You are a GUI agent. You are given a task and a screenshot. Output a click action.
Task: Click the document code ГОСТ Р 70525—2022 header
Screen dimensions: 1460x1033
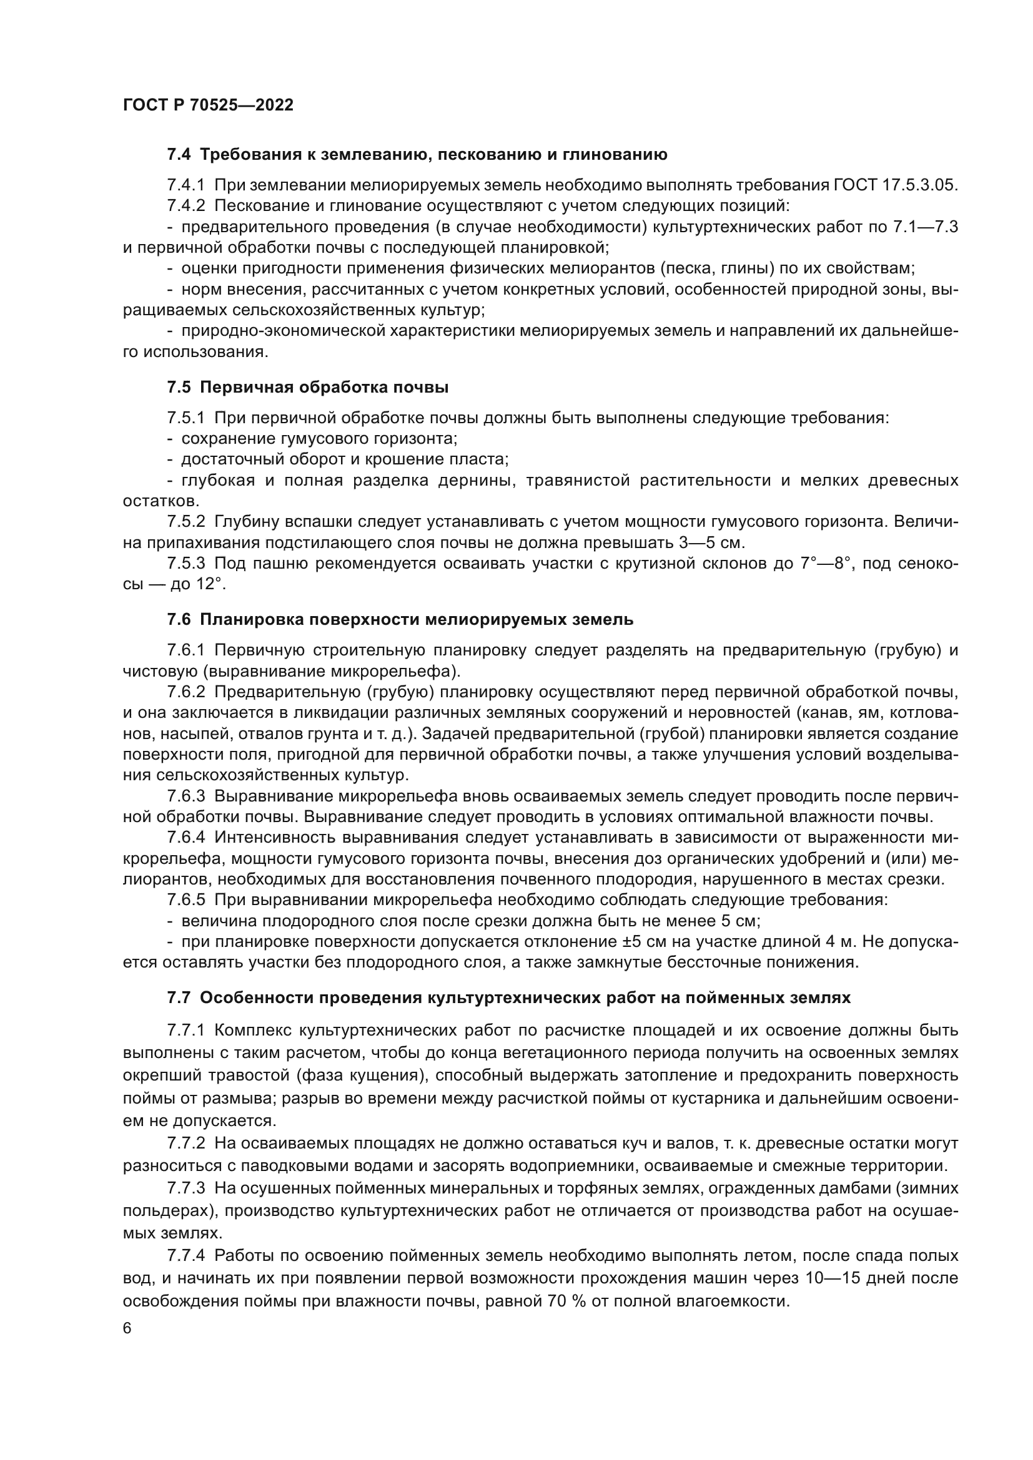208,105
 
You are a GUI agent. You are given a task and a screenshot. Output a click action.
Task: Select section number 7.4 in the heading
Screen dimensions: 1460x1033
179,155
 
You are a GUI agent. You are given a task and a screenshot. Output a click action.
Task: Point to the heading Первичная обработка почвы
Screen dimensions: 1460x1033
324,387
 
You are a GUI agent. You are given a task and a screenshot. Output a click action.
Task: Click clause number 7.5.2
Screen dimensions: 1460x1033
186,522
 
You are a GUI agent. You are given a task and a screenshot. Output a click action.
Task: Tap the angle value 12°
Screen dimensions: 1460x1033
210,584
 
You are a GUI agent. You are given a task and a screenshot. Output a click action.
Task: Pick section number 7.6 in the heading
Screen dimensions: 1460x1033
179,619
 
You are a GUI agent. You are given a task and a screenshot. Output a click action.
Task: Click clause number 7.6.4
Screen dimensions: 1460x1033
186,838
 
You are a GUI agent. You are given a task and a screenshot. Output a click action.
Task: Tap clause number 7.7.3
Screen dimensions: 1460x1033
186,1188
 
